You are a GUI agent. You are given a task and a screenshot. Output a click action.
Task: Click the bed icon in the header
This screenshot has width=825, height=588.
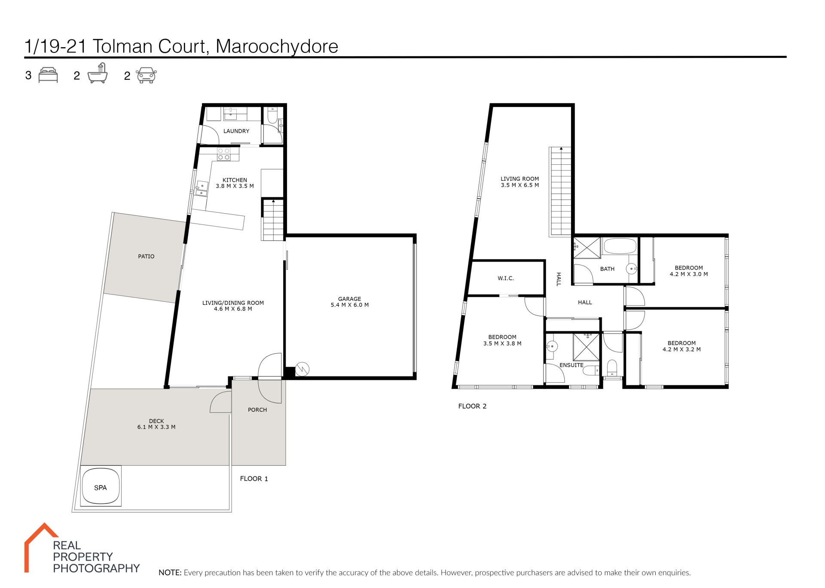pos(48,75)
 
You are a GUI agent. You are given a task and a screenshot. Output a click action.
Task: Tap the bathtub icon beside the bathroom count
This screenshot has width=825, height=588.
pos(98,73)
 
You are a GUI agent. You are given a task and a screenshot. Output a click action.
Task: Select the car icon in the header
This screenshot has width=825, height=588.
pos(147,75)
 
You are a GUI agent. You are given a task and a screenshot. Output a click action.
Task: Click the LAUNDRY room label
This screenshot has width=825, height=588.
pos(236,131)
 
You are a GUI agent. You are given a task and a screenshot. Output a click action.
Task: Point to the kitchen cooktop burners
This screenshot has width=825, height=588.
pos(223,155)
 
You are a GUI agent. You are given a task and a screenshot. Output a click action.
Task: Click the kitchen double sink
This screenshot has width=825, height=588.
pos(202,189)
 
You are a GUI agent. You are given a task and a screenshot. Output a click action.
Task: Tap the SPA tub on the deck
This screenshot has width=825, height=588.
pos(101,486)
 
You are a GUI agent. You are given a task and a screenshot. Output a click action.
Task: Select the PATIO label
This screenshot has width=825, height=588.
pos(146,256)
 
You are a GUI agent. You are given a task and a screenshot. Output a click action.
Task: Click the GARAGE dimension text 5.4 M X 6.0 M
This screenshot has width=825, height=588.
pos(350,305)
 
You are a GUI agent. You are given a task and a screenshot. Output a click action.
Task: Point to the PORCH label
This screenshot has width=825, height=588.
pos(257,410)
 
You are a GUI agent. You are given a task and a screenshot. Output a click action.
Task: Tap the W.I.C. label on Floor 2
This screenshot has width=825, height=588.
pos(506,278)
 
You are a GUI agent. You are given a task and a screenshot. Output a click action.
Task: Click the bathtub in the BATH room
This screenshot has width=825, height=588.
pos(620,246)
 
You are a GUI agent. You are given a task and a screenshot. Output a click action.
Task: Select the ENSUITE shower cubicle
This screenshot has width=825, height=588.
pos(586,347)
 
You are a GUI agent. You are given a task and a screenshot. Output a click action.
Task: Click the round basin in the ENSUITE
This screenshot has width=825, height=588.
pos(552,346)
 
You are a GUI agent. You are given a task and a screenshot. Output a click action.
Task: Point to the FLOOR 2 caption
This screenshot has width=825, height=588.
pos(472,406)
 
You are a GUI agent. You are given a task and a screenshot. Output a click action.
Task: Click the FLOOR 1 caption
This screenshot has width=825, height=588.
pos(254,479)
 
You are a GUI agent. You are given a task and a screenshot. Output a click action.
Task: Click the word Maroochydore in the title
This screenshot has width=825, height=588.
pos(277,46)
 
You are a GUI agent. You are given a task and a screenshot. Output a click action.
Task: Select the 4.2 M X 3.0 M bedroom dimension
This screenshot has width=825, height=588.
pos(689,274)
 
